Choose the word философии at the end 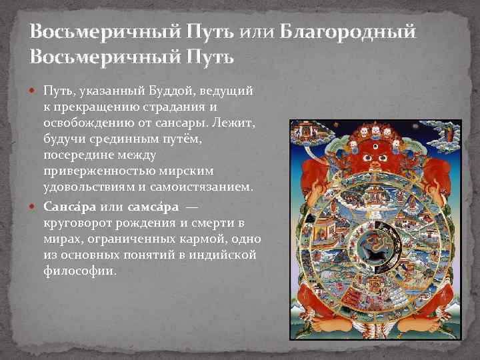79,271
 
